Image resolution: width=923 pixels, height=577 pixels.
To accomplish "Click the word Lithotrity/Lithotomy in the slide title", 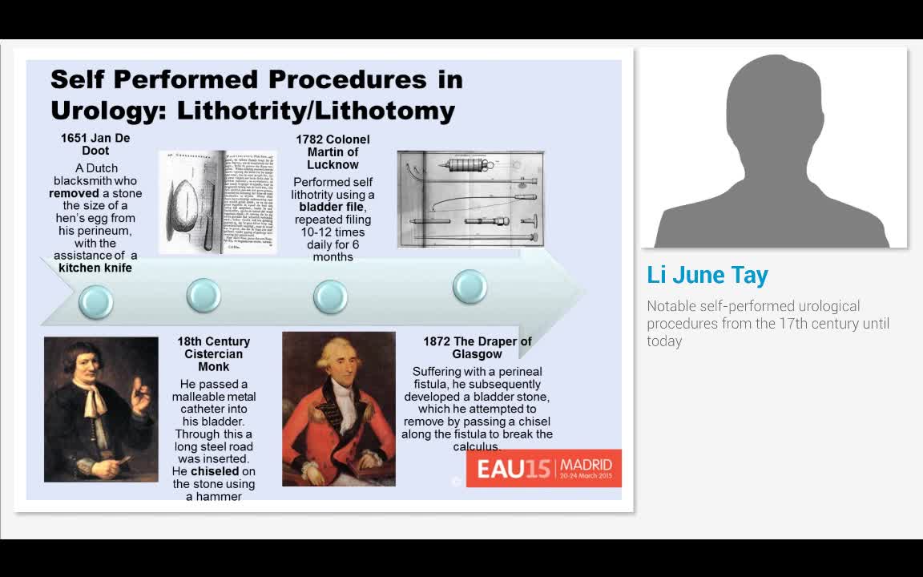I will click(x=316, y=110).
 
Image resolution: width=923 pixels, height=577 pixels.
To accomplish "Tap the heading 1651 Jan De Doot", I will click(x=95, y=144).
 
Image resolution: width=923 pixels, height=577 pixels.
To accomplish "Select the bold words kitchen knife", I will click(x=95, y=268).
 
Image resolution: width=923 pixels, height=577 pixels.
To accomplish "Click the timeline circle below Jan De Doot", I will click(x=95, y=301).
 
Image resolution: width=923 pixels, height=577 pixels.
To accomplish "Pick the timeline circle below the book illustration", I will click(x=204, y=295).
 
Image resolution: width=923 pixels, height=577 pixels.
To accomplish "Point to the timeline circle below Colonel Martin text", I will click(x=330, y=296).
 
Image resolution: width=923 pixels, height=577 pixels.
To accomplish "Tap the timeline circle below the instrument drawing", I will click(x=470, y=286).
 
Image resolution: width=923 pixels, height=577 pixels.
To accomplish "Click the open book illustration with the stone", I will click(x=217, y=202).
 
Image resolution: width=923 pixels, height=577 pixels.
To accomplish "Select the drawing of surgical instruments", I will click(x=470, y=199).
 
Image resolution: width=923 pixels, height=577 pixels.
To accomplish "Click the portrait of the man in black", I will click(x=101, y=409).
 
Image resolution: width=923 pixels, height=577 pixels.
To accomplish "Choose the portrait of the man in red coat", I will click(x=339, y=409).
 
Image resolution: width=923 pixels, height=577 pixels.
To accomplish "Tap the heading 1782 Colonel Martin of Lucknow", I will click(x=333, y=151).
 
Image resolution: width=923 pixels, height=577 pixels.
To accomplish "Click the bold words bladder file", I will click(x=332, y=207).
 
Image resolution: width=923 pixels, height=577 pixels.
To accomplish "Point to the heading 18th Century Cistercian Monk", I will click(x=214, y=353).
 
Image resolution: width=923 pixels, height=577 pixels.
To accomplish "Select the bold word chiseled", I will click(x=215, y=471).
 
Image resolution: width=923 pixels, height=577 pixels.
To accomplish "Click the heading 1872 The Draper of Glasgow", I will click(x=477, y=347).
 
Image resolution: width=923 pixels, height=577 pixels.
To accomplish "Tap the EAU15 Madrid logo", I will click(x=544, y=468).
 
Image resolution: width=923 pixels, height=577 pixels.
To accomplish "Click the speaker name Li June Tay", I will click(x=707, y=275).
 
